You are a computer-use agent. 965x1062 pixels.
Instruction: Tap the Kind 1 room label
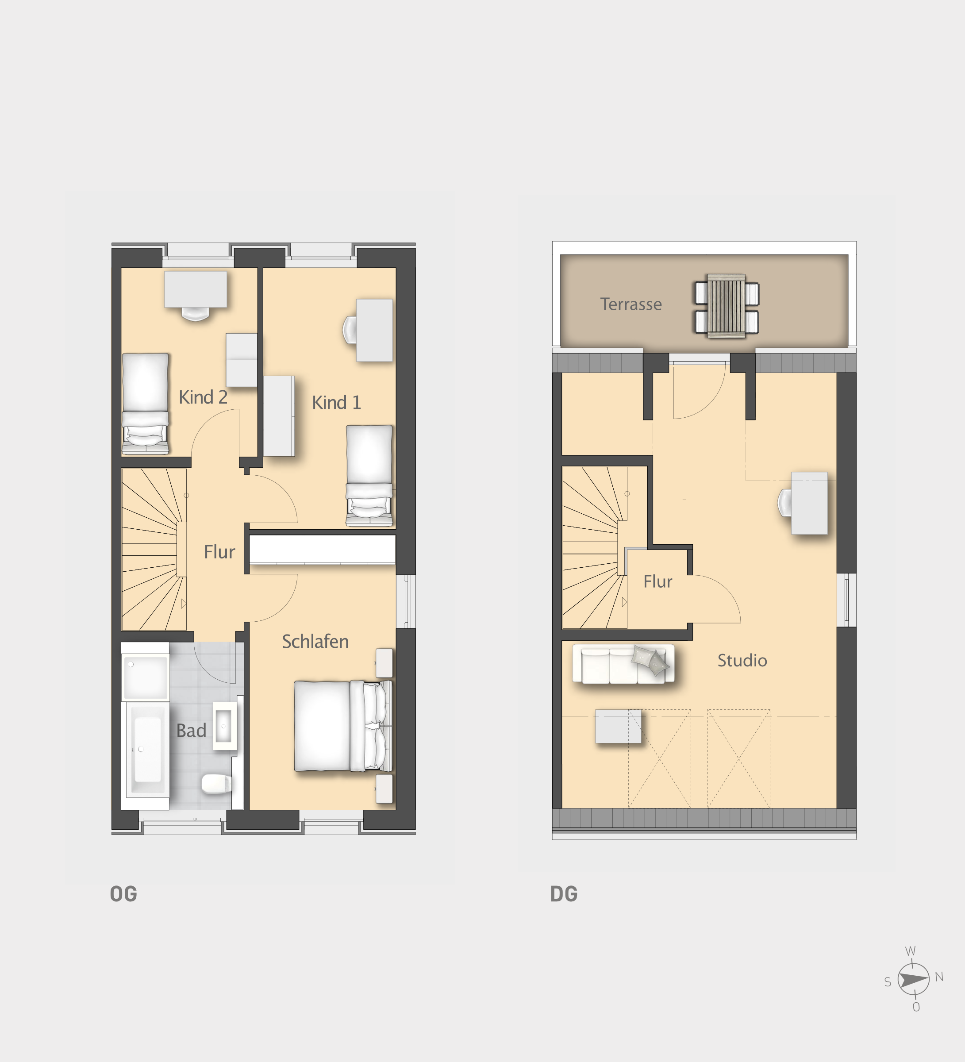(x=336, y=403)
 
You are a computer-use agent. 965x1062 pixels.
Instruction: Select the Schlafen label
(x=315, y=642)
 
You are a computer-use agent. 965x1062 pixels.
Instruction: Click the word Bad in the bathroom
(x=191, y=731)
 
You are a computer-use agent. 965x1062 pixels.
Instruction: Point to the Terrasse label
(x=631, y=304)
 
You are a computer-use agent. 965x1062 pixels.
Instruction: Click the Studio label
(x=742, y=661)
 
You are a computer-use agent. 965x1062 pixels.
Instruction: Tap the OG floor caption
(x=123, y=894)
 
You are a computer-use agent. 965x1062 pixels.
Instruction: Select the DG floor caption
(x=564, y=894)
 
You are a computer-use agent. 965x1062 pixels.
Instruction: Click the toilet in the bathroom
(x=216, y=783)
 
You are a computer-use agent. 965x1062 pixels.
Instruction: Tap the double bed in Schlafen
(x=342, y=726)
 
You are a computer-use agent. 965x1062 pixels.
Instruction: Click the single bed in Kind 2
(x=146, y=404)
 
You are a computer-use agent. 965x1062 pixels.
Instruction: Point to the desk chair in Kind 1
(x=350, y=330)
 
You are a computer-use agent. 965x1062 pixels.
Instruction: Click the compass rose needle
(x=913, y=980)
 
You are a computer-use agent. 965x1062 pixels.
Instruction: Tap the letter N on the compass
(x=938, y=977)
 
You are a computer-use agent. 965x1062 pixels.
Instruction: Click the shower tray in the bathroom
(x=146, y=677)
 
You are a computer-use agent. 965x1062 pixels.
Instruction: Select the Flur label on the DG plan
(x=657, y=581)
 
